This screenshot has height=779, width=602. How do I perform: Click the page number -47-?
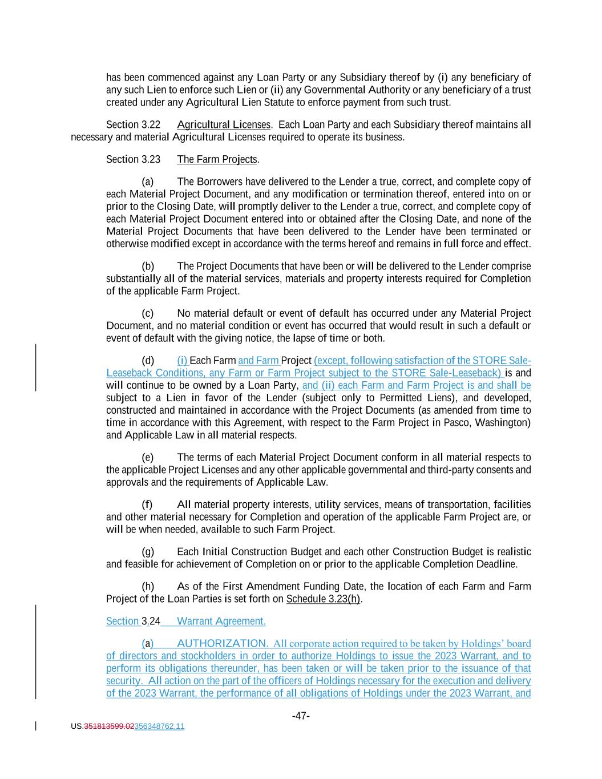tap(301, 716)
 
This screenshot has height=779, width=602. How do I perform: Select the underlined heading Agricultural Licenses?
tap(224, 124)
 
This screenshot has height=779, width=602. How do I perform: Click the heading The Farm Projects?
tap(217, 159)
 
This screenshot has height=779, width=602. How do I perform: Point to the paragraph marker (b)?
tap(148, 267)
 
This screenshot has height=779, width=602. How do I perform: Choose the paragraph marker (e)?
tap(148, 458)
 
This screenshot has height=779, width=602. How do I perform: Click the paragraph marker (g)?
tap(148, 552)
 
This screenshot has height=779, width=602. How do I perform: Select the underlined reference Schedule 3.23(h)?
tap(323, 599)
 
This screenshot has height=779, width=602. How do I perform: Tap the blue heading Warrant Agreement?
tap(221, 621)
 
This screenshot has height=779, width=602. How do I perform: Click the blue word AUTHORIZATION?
tap(221, 644)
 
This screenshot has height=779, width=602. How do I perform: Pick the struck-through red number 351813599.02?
tap(109, 726)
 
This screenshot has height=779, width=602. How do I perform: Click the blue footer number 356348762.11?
tap(159, 726)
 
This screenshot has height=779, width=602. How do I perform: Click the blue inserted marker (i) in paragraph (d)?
tap(182, 361)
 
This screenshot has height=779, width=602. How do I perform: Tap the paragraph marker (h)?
tap(148, 587)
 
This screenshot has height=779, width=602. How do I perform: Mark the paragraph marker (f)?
tap(147, 504)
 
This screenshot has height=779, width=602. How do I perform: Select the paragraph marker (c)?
tap(148, 313)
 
